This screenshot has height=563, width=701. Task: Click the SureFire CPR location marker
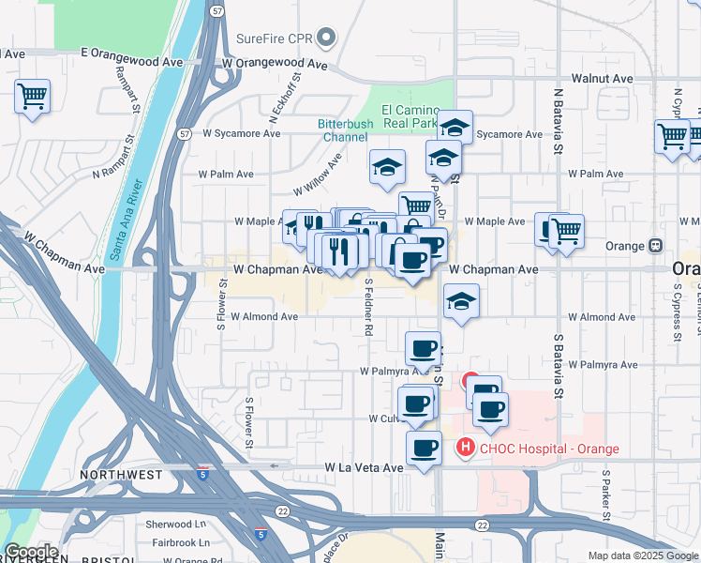tap(326, 38)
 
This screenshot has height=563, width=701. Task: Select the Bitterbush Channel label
tap(345, 130)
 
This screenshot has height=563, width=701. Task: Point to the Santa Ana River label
tap(125, 220)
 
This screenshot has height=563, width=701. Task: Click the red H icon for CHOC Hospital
tap(466, 449)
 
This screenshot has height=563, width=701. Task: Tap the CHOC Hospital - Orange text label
tap(549, 449)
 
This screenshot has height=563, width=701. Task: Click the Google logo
tap(31, 552)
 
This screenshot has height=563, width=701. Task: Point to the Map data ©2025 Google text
tap(642, 555)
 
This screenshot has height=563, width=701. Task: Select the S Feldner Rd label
tap(368, 306)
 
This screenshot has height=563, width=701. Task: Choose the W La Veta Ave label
tap(364, 466)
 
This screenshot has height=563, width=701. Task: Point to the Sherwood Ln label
tap(176, 525)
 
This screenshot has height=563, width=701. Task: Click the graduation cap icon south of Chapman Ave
tap(460, 300)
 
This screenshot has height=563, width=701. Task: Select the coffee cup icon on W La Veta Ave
tap(424, 448)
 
